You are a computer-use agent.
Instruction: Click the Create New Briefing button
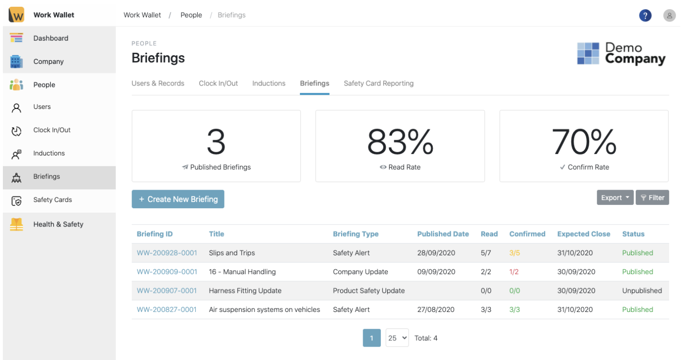click(x=178, y=199)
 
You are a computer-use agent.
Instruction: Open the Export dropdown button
click(x=615, y=198)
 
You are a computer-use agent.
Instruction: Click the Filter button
click(x=652, y=198)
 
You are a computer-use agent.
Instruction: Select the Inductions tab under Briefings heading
click(x=269, y=84)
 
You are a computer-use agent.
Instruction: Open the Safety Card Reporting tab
click(x=379, y=84)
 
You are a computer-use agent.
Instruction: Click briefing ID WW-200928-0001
click(x=166, y=253)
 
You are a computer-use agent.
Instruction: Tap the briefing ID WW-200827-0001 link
click(x=166, y=310)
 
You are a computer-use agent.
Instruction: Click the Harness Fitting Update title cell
click(x=245, y=291)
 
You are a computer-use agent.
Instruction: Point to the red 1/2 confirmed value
click(x=514, y=272)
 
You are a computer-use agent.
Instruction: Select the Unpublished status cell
click(x=642, y=291)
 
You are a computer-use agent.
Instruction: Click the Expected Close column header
click(x=583, y=234)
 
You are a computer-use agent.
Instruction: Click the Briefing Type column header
click(x=355, y=234)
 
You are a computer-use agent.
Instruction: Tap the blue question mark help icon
click(x=645, y=15)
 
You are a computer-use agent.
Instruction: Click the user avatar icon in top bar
click(x=669, y=15)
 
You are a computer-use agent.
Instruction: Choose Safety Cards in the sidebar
click(x=52, y=200)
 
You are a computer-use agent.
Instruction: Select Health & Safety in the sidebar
click(x=58, y=224)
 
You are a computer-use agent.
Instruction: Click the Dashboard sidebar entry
click(x=50, y=38)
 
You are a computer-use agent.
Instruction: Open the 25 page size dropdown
click(x=397, y=338)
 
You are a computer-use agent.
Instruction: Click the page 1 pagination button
click(x=372, y=338)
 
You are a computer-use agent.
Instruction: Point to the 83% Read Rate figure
click(x=400, y=142)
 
